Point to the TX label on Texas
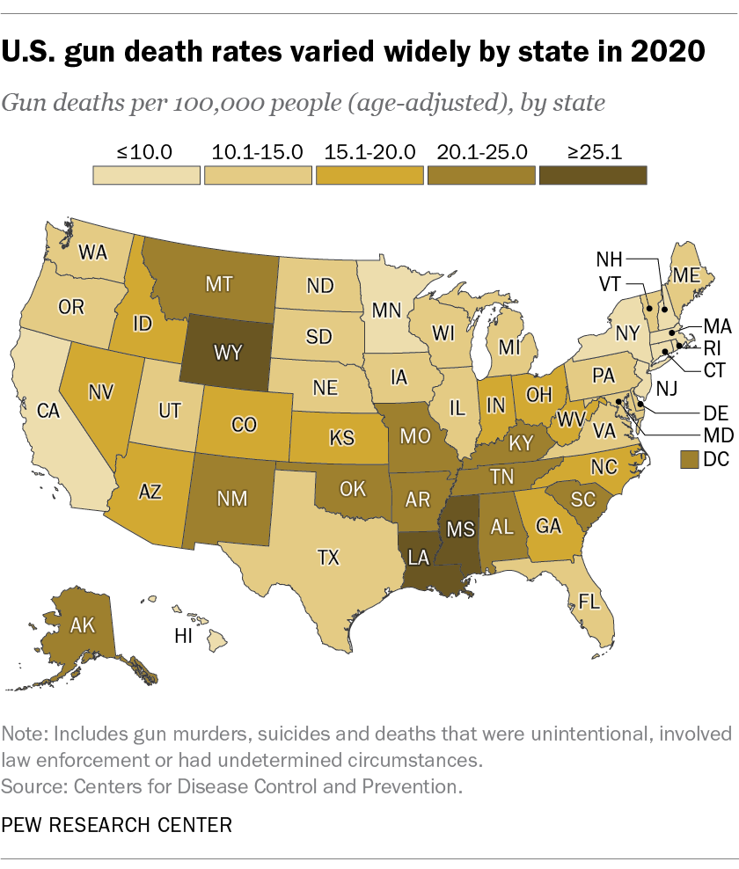(328, 556)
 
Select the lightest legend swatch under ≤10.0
(146, 174)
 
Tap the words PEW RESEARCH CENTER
(118, 825)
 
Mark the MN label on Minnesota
(383, 310)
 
